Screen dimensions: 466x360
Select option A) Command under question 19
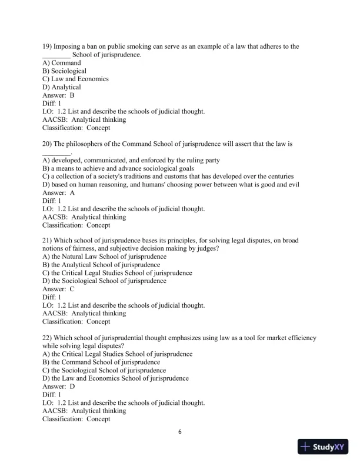[62, 63]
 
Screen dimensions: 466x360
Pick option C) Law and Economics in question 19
[75, 79]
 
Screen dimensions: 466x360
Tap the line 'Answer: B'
[59, 95]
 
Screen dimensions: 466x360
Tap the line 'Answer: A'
[59, 192]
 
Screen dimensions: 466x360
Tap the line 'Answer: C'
[59, 289]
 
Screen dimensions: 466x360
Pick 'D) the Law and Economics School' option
[116, 378]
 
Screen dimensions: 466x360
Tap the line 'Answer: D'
[59, 387]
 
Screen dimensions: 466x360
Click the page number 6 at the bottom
[180, 432]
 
